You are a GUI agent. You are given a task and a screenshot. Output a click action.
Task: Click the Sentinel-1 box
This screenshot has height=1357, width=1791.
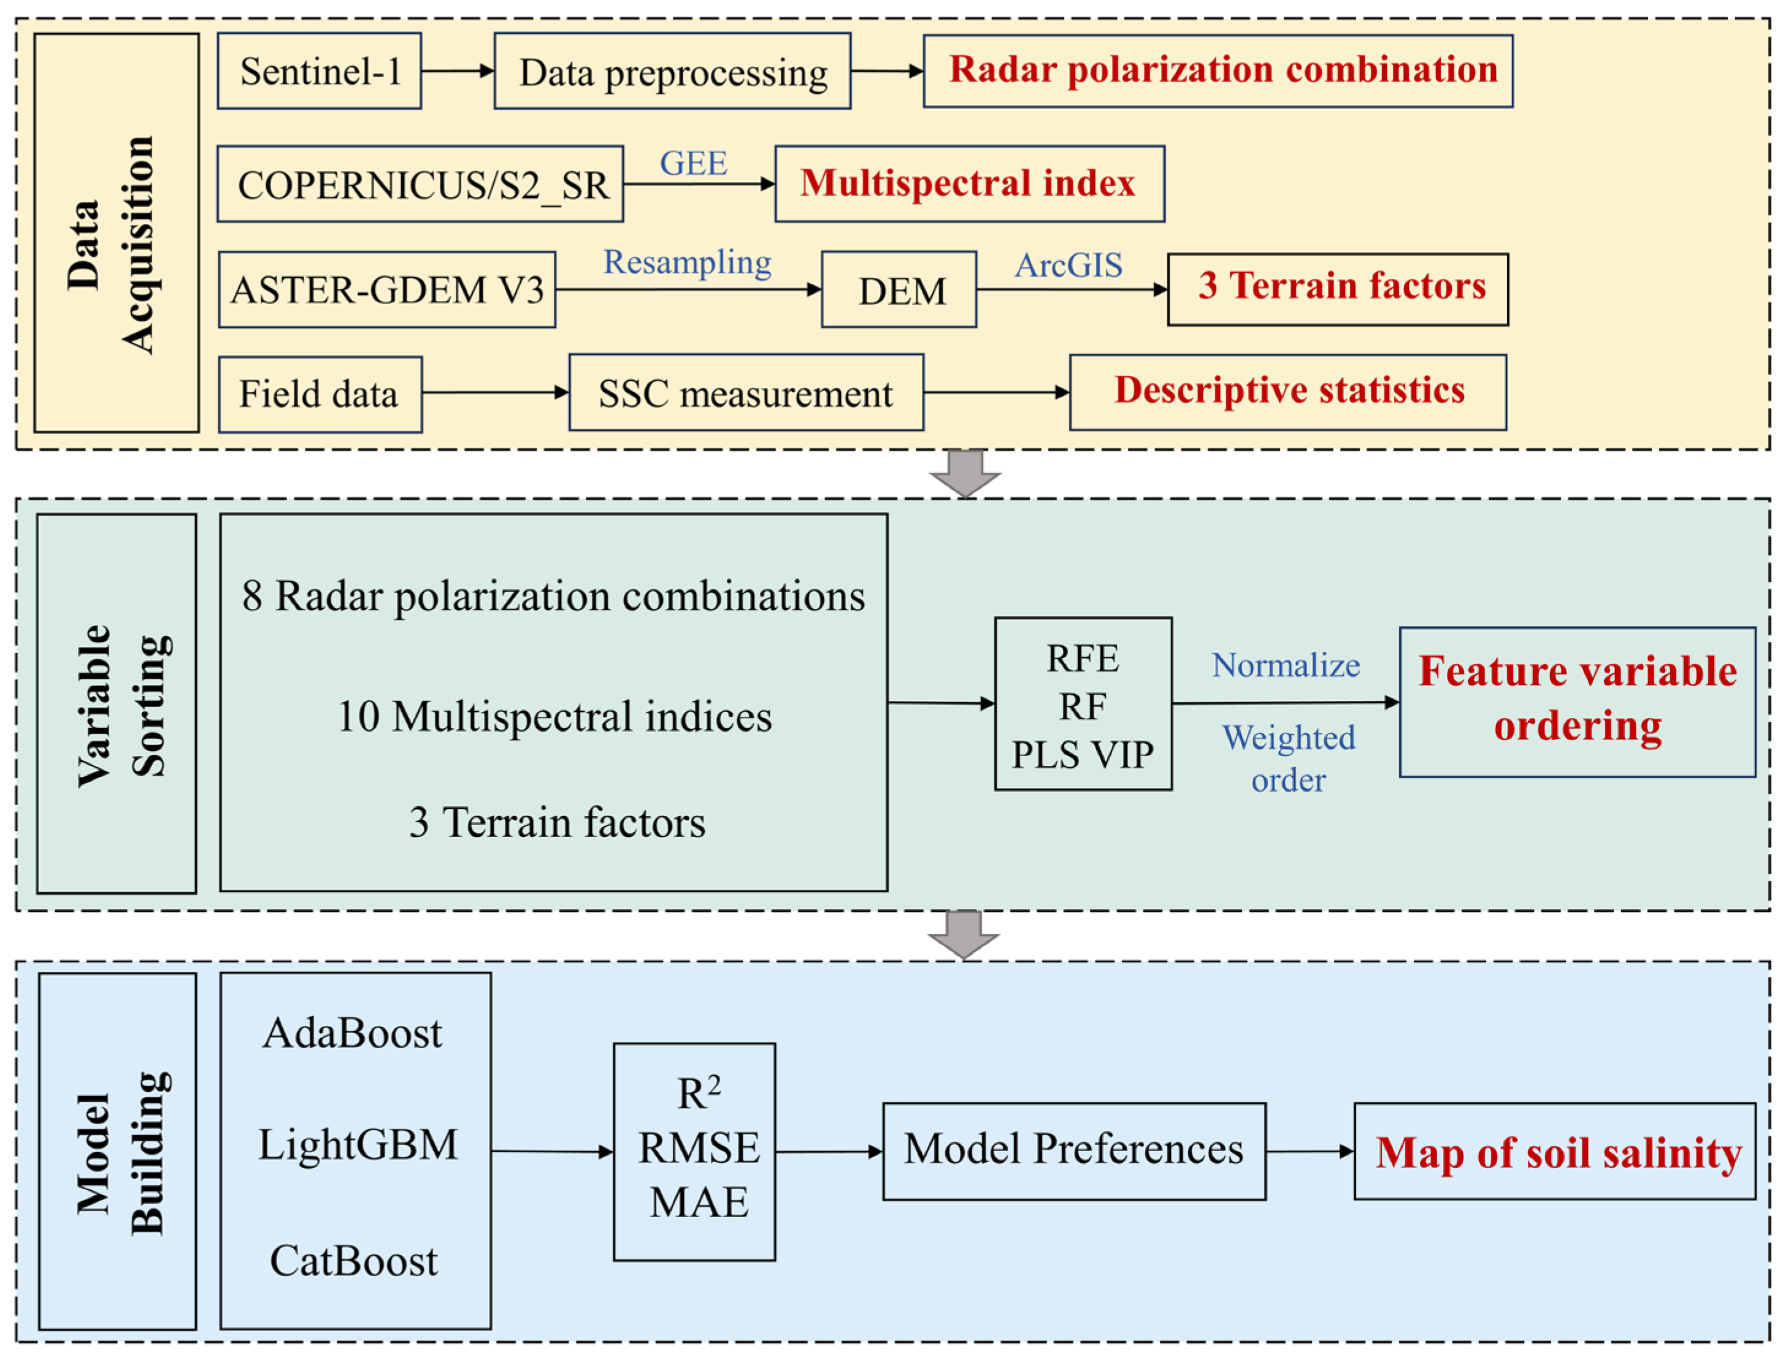[319, 71]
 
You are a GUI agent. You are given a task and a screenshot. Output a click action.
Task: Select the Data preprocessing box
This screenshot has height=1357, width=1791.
[672, 71]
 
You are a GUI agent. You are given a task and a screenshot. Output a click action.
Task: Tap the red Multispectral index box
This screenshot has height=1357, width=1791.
[969, 184]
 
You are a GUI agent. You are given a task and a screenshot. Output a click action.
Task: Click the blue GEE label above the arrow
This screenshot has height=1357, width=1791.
[693, 164]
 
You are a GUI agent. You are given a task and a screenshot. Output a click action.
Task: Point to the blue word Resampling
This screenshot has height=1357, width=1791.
[688, 262]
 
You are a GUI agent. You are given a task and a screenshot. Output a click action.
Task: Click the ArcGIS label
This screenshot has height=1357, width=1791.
[1068, 266]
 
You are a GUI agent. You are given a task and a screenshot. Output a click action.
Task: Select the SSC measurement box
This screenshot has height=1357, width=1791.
[746, 392]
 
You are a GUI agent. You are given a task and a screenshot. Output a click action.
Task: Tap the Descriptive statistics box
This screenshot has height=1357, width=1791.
[1287, 392]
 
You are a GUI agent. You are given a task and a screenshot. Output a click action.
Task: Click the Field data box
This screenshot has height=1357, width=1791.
[320, 394]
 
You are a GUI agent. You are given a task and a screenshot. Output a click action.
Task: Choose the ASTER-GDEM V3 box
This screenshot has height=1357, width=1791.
[387, 290]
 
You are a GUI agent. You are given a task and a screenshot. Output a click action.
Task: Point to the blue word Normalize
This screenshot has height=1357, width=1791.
[1286, 665]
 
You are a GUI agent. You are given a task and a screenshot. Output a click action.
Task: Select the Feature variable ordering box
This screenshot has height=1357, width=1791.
[1578, 702]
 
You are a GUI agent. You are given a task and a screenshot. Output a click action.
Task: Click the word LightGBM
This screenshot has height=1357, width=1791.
[358, 1145]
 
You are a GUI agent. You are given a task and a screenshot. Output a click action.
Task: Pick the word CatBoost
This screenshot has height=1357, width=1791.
[354, 1261]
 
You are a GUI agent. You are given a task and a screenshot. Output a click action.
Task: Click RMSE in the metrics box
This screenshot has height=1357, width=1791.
[699, 1148]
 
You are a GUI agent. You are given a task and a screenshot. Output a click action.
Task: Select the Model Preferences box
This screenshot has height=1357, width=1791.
[1073, 1150]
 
